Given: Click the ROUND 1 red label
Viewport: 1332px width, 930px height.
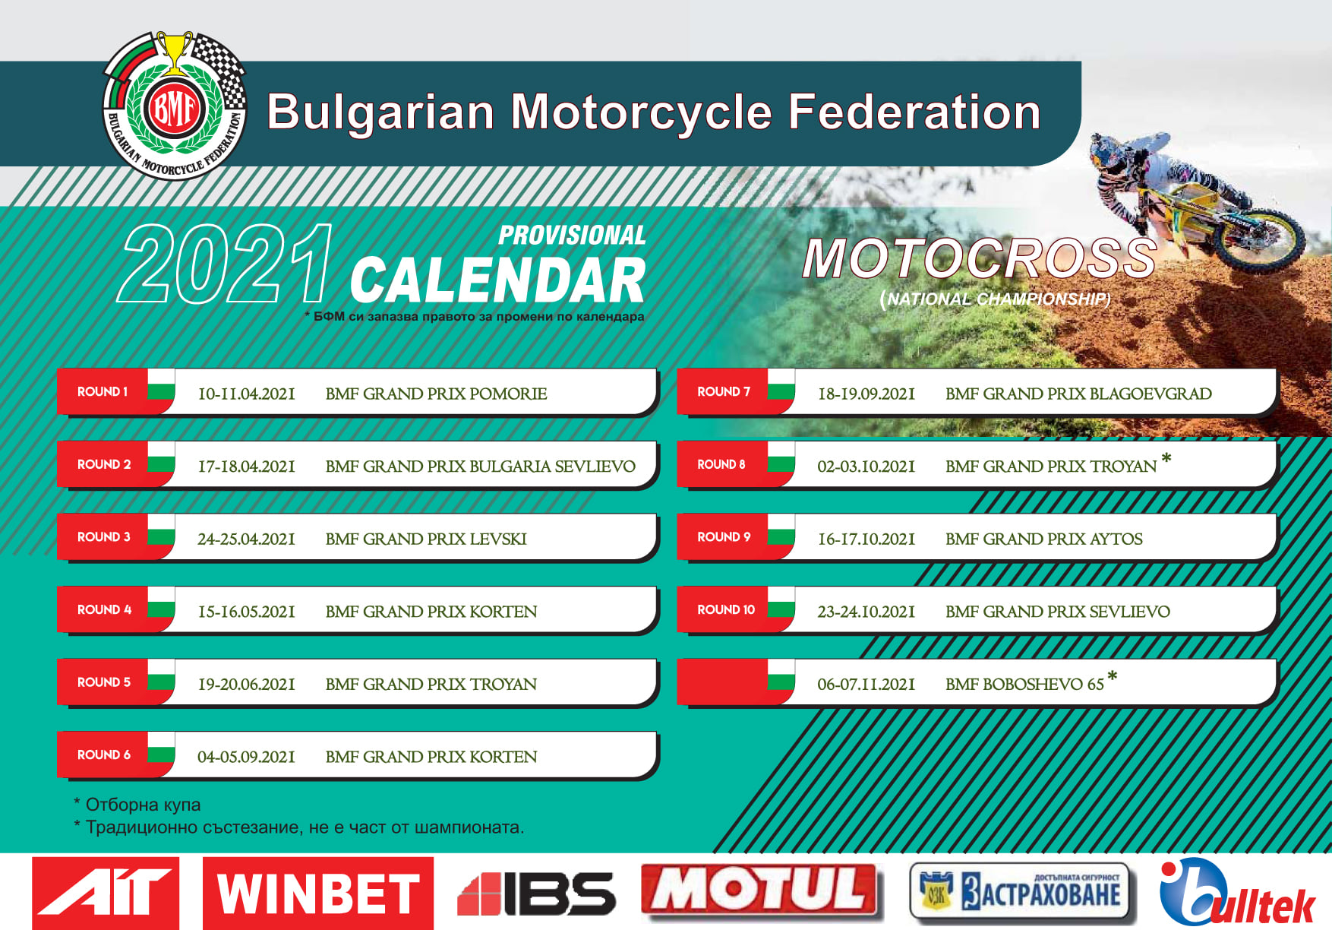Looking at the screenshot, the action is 103,392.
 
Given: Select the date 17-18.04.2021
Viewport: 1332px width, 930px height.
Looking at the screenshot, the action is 247,467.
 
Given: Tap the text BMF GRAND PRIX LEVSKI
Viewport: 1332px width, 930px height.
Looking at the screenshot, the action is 426,539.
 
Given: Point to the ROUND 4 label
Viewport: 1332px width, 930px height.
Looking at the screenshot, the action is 104,609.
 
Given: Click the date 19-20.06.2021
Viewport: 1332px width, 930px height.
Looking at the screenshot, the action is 247,685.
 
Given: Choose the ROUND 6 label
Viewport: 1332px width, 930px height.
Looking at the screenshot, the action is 104,754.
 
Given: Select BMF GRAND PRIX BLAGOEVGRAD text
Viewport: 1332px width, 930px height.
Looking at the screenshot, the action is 1078,394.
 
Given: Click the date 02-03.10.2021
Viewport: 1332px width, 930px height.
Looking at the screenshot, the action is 866,467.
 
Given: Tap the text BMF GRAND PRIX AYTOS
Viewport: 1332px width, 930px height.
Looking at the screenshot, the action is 1044,539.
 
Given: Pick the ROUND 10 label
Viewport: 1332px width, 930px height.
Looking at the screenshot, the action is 726,609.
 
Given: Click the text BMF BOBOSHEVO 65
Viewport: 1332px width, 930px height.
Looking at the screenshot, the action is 1024,685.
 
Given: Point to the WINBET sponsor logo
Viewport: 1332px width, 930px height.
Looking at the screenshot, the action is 318,893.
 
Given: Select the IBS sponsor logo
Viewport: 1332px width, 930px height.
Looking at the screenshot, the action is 536,894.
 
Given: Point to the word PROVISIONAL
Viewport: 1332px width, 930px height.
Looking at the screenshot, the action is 572,236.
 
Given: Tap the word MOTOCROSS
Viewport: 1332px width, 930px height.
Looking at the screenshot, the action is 980,258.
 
